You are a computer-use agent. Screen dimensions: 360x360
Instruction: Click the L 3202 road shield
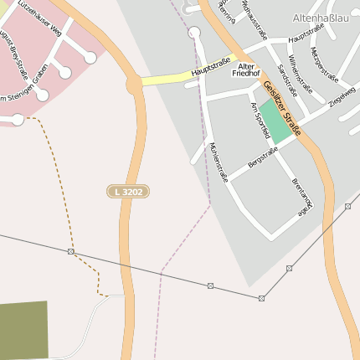[x=128, y=192]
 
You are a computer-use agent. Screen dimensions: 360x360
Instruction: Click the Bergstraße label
[x=263, y=156]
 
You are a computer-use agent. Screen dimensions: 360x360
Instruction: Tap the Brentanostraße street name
[x=302, y=197]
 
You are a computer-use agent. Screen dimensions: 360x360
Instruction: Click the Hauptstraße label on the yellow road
[x=209, y=69]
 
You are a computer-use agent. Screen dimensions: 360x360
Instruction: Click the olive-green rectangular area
[x=23, y=330]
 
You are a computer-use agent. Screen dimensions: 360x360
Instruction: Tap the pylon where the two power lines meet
[x=261, y=298]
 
